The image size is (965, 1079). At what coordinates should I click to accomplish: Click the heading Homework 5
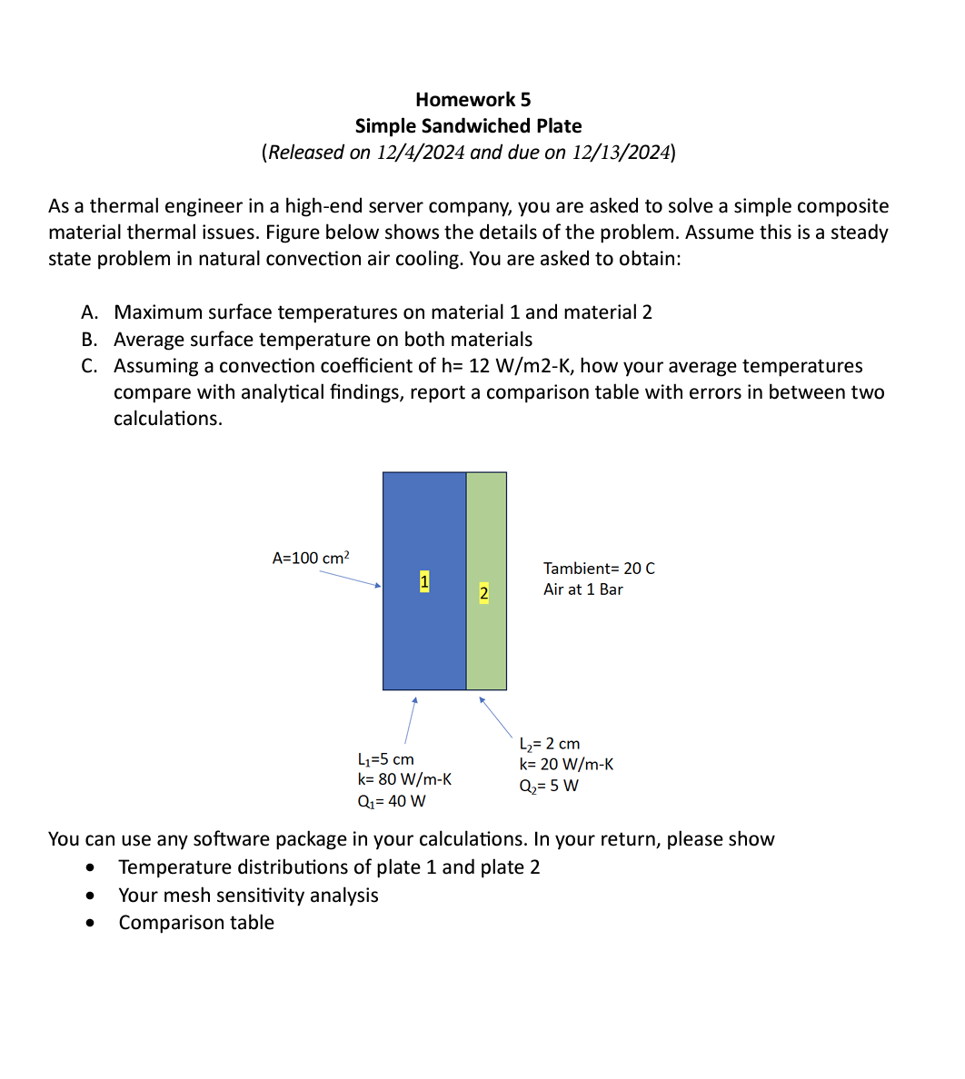(x=473, y=100)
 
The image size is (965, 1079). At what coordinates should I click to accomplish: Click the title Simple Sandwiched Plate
(x=468, y=126)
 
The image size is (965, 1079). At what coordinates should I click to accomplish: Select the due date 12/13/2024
(x=621, y=153)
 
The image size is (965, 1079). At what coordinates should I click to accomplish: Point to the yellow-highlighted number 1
(x=424, y=580)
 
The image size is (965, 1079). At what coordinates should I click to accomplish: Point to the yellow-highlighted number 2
(x=483, y=594)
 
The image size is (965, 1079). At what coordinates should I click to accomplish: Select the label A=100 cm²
(x=311, y=559)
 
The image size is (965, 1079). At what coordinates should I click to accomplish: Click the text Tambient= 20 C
(x=599, y=569)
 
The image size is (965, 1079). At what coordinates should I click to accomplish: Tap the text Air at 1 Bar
(x=583, y=589)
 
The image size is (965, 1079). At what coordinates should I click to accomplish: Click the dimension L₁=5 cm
(x=386, y=759)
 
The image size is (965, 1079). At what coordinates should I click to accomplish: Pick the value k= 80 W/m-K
(x=404, y=779)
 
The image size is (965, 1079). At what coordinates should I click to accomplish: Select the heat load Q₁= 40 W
(x=392, y=801)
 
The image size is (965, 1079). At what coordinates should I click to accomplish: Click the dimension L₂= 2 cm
(x=549, y=744)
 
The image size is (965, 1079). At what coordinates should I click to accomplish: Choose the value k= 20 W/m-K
(x=565, y=765)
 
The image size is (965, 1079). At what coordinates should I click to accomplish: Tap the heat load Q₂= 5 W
(x=548, y=786)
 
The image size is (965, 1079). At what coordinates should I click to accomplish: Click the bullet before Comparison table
(x=89, y=924)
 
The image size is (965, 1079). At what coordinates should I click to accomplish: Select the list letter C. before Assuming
(x=89, y=366)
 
